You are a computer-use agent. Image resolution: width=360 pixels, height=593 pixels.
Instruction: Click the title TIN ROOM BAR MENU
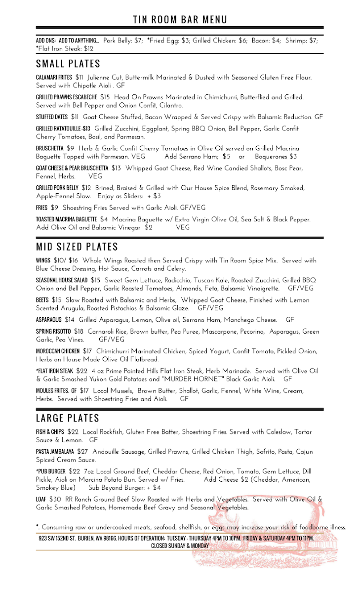(x=180, y=19)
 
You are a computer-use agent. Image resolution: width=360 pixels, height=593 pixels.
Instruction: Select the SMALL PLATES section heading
(x=68, y=64)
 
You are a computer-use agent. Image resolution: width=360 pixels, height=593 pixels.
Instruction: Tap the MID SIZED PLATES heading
(x=77, y=247)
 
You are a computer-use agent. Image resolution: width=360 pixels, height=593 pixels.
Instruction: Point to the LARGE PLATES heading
(x=68, y=418)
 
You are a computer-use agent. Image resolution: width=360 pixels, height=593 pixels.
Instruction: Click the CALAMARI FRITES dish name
(x=54, y=78)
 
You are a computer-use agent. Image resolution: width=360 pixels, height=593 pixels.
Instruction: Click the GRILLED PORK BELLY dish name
(x=57, y=188)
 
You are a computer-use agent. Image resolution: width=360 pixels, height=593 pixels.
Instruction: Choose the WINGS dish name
(x=43, y=260)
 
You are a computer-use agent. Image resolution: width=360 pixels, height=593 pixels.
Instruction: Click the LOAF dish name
(x=41, y=500)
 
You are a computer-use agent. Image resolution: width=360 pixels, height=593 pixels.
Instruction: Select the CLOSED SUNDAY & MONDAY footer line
(x=180, y=546)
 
